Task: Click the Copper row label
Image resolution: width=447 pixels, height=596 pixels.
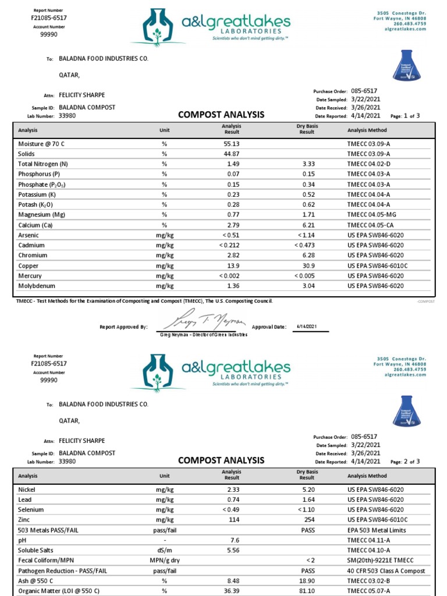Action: point(28,265)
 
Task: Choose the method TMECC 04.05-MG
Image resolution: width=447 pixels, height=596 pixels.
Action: point(371,215)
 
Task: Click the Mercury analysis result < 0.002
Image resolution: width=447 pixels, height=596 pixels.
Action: point(229,276)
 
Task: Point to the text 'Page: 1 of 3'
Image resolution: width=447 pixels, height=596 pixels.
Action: point(405,116)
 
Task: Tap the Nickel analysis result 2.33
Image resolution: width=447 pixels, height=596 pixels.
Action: point(232,490)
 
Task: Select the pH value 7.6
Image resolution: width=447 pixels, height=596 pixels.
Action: point(235,540)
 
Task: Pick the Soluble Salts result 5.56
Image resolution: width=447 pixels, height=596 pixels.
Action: point(232,550)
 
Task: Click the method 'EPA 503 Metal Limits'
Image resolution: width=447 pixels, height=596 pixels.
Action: point(377,530)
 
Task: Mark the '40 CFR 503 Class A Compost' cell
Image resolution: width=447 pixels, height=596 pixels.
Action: point(386,571)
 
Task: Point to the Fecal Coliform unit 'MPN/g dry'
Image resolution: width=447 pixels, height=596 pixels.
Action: point(165,560)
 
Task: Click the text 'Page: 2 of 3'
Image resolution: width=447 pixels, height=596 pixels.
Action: point(405,462)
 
